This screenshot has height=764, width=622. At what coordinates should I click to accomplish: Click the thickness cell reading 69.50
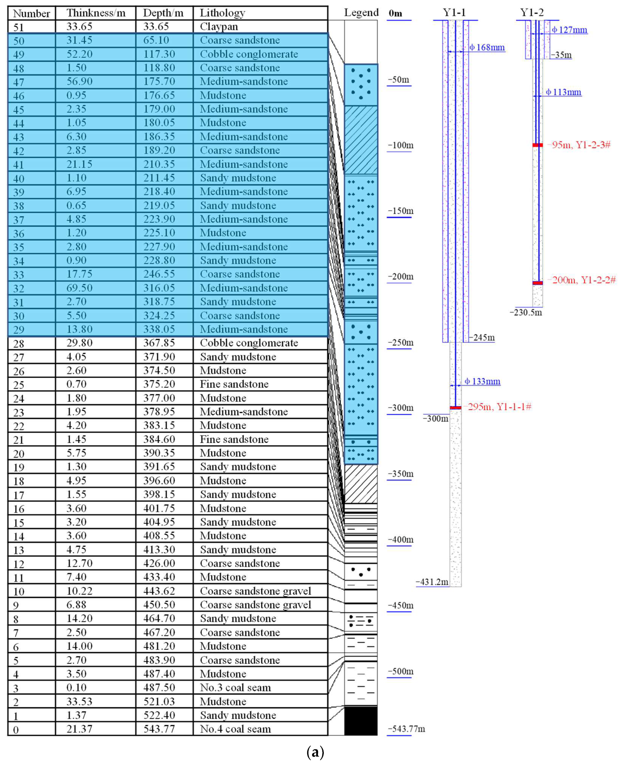coord(80,288)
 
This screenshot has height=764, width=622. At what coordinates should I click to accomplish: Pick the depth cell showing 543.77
coord(159,729)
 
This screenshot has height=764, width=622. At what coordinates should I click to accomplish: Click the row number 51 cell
coord(19,27)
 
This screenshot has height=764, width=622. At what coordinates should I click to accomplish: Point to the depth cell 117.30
coord(159,54)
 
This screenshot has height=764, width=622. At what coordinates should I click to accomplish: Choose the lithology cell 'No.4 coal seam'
coord(235,729)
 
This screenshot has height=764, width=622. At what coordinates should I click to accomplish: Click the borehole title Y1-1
coord(454,13)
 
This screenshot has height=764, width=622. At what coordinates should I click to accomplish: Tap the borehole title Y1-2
coord(532,13)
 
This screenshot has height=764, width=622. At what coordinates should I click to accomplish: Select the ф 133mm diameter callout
coord(482,381)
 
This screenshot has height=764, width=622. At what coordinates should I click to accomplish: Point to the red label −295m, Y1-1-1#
coord(498,407)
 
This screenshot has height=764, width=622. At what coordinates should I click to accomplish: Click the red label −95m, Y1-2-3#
coord(579,145)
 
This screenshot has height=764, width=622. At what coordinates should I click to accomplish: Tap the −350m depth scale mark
coord(400,474)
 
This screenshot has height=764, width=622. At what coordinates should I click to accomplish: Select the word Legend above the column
coord(361,13)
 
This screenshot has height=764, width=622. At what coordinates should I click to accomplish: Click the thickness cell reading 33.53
coord(80,701)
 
